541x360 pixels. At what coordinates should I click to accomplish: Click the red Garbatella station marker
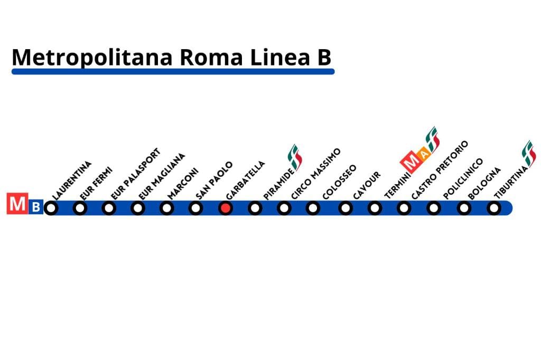(226, 209)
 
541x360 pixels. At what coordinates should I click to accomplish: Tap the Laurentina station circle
(51, 209)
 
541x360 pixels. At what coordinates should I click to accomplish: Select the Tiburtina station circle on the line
(494, 209)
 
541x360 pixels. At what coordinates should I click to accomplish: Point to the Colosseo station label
(339, 182)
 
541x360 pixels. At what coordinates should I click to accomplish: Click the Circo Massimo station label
(316, 174)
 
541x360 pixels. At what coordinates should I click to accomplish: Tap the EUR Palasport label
(136, 174)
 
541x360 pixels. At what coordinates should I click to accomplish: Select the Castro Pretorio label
(440, 169)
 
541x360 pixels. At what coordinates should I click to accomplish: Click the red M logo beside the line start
(17, 204)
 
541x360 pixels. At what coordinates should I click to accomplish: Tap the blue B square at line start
(35, 207)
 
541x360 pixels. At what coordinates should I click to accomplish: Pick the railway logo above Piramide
(295, 157)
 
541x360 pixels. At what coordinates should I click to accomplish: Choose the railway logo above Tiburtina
(528, 154)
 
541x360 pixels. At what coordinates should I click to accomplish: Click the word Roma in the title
(211, 57)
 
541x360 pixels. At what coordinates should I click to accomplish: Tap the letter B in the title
(324, 57)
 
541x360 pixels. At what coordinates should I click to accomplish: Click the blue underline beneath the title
(173, 71)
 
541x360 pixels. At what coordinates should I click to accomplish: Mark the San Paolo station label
(214, 181)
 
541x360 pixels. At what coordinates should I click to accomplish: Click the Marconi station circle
(166, 209)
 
